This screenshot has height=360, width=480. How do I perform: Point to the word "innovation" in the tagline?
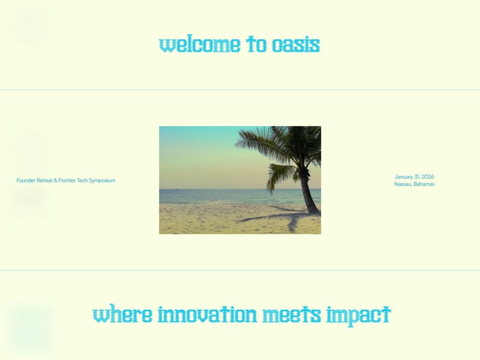click(207, 314)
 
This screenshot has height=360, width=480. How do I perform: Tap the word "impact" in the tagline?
click(358, 315)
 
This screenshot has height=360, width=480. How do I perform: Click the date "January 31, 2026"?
click(414, 177)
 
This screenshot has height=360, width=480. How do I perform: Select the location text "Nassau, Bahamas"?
click(414, 184)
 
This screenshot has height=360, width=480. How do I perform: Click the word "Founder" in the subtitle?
click(26, 180)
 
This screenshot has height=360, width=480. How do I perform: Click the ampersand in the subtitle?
click(55, 180)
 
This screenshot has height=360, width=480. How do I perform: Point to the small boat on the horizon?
click(176, 189)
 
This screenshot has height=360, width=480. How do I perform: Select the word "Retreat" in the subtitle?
click(45, 180)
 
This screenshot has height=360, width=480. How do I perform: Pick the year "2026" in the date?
click(427, 177)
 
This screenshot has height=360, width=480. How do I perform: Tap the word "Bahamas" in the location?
click(424, 184)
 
